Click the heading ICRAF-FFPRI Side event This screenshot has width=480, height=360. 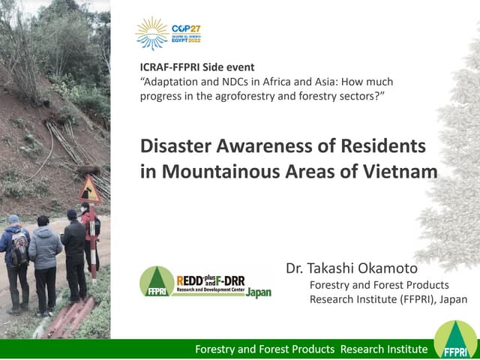[x=197, y=67]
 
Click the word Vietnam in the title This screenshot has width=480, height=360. [x=397, y=171]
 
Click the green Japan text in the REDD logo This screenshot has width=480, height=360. [x=258, y=293]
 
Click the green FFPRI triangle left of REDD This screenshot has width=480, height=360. [x=156, y=281]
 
